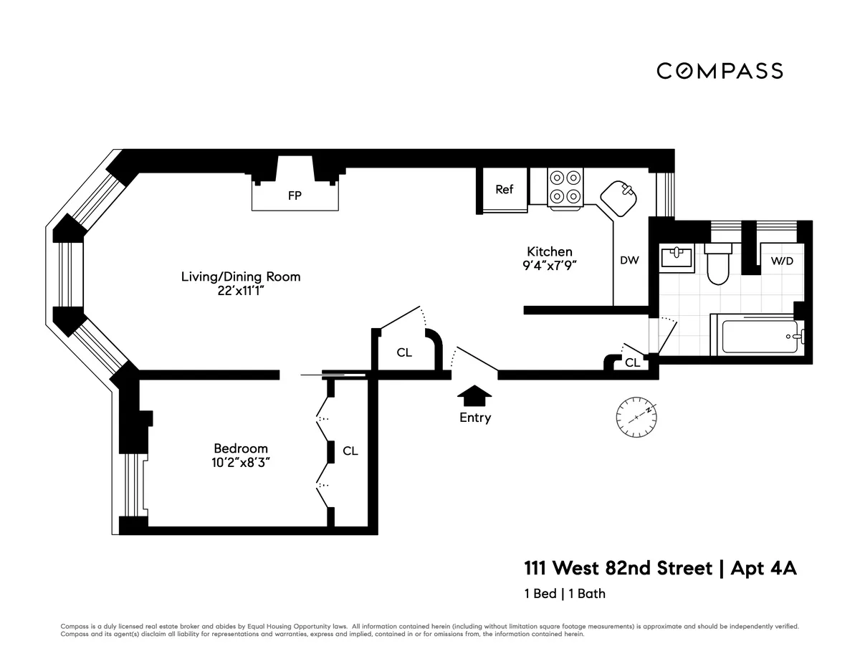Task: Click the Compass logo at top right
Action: click(720, 71)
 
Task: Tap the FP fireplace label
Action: click(295, 196)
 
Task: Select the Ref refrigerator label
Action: click(505, 189)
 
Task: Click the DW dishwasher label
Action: click(629, 261)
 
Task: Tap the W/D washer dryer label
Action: click(782, 261)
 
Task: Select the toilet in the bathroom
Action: click(717, 265)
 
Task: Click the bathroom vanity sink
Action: click(676, 257)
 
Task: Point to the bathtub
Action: click(760, 336)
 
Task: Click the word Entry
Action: click(475, 418)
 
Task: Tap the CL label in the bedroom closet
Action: click(350, 451)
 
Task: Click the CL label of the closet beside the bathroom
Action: click(632, 363)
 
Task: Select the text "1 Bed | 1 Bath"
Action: click(565, 593)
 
